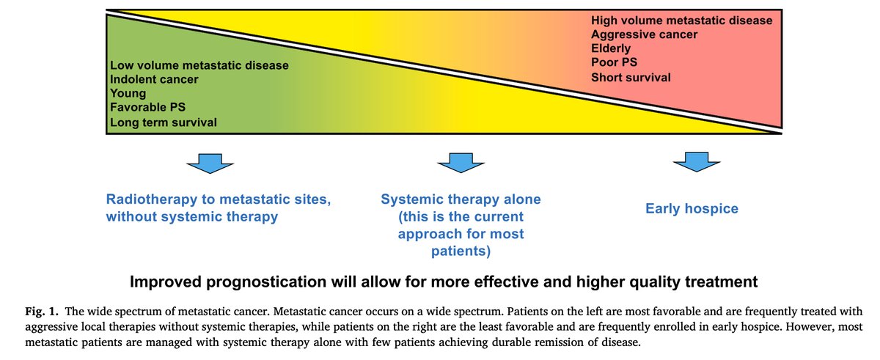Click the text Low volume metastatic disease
[199, 65]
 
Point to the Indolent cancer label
[154, 79]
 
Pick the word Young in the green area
[128, 94]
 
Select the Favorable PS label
[147, 108]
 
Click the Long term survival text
[163, 122]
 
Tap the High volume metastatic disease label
[681, 21]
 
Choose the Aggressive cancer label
[644, 34]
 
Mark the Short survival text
[631, 77]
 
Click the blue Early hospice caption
[692, 209]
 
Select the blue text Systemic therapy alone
[461, 199]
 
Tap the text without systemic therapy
[192, 216]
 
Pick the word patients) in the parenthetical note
[461, 251]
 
